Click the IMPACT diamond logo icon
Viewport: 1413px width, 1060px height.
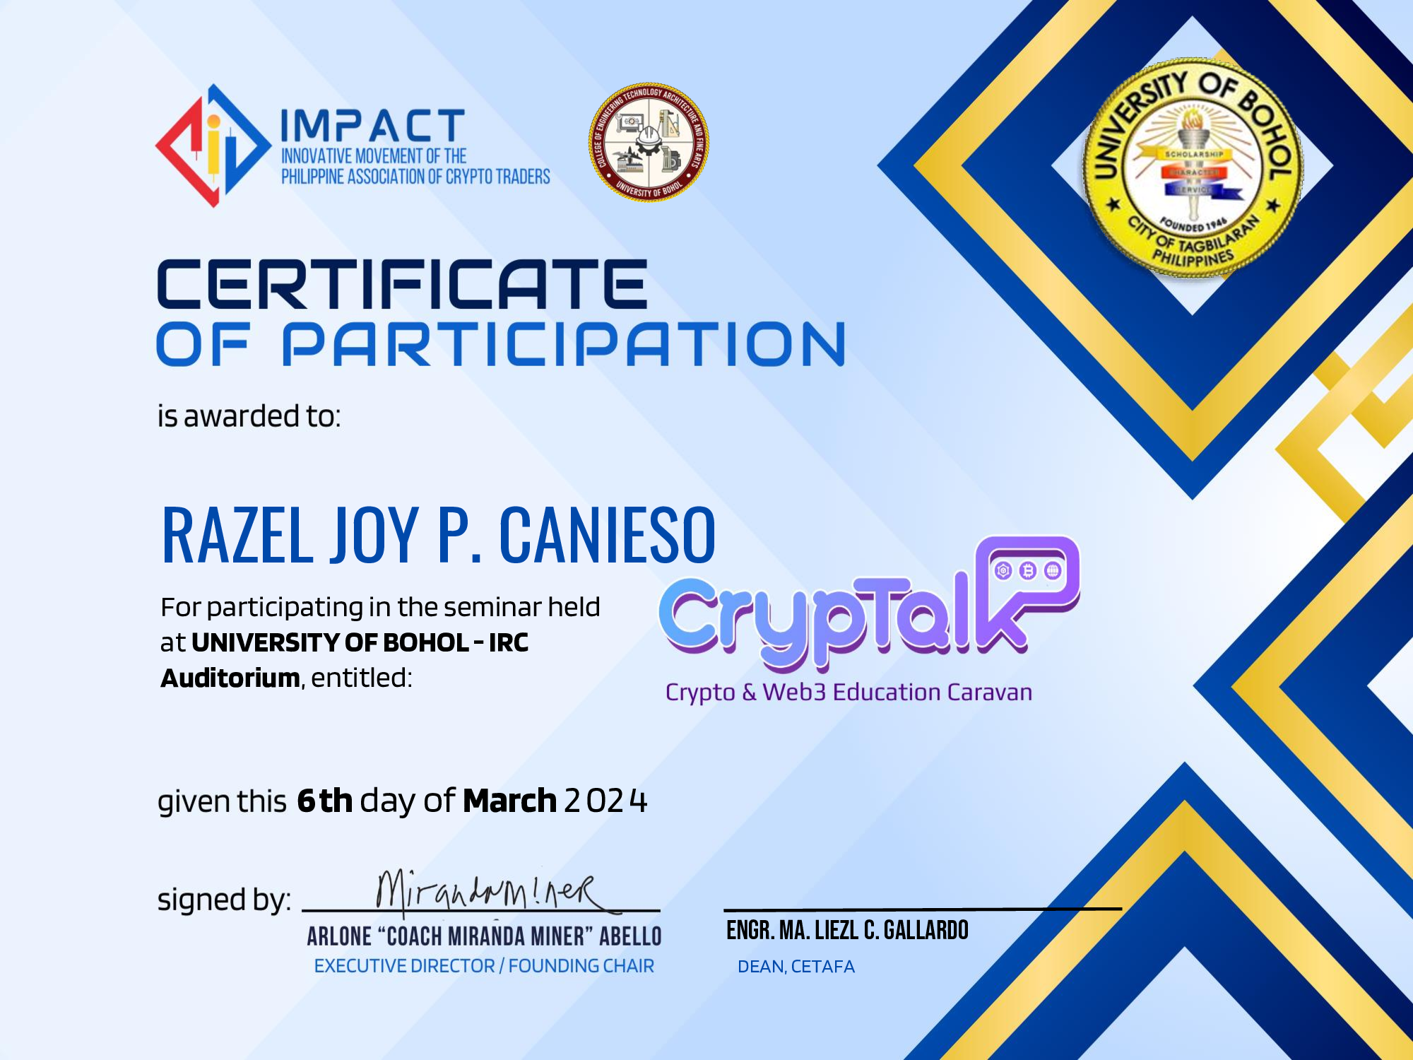pyautogui.click(x=212, y=146)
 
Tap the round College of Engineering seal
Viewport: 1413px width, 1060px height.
pyautogui.click(x=649, y=142)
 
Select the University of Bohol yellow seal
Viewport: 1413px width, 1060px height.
pyautogui.click(x=1193, y=168)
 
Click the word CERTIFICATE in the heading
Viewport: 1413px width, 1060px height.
pyautogui.click(x=401, y=284)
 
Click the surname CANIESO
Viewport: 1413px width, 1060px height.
pyautogui.click(x=608, y=536)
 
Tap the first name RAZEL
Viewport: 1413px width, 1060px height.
pyautogui.click(x=237, y=536)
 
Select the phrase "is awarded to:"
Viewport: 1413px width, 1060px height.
pyautogui.click(x=249, y=416)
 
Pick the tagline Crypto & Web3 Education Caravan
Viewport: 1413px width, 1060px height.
pyautogui.click(x=849, y=692)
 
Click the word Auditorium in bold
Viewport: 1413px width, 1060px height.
pyautogui.click(x=230, y=678)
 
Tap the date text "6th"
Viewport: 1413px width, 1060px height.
pyautogui.click(x=324, y=801)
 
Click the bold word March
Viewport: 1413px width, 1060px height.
pyautogui.click(x=509, y=801)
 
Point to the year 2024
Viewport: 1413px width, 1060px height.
pyautogui.click(x=605, y=801)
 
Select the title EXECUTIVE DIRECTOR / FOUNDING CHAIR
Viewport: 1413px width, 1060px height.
pyautogui.click(x=484, y=966)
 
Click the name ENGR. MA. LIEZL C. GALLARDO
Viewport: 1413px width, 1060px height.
pyautogui.click(x=847, y=931)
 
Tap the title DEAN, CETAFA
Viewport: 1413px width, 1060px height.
pyautogui.click(x=796, y=967)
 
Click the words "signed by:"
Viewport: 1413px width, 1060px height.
pyautogui.click(x=224, y=900)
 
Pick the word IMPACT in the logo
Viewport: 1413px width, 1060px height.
pyautogui.click(x=372, y=126)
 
